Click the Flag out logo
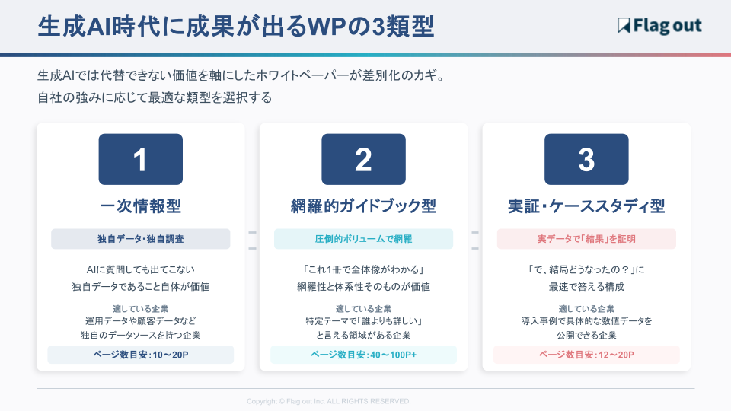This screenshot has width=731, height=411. pos(659,26)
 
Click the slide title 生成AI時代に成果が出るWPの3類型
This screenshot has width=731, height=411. pos(236,26)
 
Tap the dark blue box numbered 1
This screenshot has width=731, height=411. pos(140,159)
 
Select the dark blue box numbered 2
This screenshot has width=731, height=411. pos(363,159)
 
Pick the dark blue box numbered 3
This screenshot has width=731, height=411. pos(586,159)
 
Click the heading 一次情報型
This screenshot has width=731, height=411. pos(140,206)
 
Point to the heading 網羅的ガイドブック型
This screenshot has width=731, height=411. pos(363,206)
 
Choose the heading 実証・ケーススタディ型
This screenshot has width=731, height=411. pos(586,206)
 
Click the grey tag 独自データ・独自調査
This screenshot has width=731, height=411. pos(140,239)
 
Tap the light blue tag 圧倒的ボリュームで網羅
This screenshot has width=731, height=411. pos(363,239)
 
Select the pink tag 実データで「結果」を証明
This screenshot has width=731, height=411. pos(586,239)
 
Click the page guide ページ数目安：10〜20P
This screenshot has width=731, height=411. pos(140,355)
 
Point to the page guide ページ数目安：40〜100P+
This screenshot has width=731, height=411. pos(363,355)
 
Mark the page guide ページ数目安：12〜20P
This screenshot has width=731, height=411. pos(586,355)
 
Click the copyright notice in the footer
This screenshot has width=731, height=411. pos(329,401)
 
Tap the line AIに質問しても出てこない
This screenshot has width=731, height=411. pos(140,269)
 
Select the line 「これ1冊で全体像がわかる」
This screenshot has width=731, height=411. pos(363,269)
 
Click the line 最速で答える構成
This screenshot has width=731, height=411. pos(586,287)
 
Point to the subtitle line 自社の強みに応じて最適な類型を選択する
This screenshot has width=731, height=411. pos(155,98)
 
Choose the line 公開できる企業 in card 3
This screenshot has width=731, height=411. pos(586,336)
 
